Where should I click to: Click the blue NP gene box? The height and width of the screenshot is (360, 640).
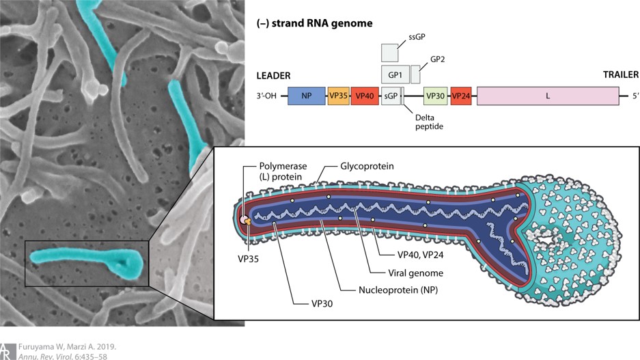pos(307,96)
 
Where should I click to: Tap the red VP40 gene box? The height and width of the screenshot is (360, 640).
pos(364,96)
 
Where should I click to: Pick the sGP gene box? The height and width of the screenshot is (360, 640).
pos(390,96)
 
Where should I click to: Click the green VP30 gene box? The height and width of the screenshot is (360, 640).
pos(436,96)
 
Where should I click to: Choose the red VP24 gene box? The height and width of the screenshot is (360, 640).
pos(461,96)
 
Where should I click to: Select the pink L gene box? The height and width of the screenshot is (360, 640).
pos(547,96)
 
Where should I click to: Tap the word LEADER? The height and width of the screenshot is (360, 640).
pos(273,75)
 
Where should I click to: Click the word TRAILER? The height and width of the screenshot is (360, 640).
pos(620,75)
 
